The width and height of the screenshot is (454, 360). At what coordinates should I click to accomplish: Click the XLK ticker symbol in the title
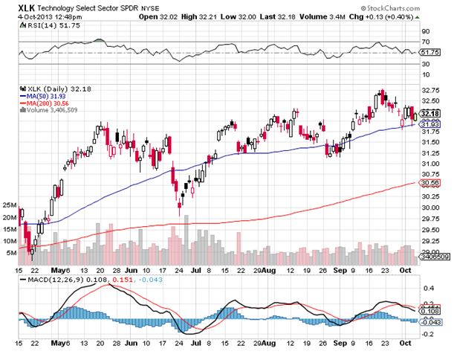[x=25, y=7]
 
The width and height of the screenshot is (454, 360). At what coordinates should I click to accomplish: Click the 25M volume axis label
[x=10, y=205]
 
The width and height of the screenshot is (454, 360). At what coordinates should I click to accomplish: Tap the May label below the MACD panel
[x=61, y=344]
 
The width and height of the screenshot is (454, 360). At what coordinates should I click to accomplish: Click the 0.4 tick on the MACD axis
[x=427, y=287]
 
